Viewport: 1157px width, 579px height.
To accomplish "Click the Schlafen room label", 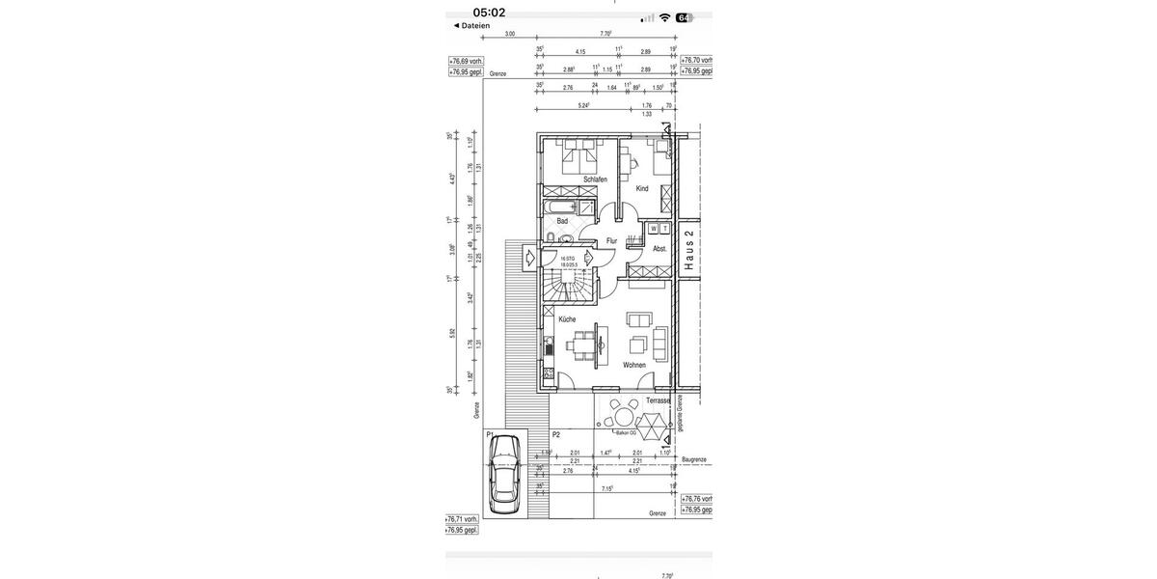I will pos(595,179).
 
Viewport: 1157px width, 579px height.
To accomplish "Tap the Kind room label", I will pos(642,189).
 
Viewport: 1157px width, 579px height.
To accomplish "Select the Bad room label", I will pos(562,221).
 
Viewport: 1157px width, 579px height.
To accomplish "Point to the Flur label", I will pos(611,240).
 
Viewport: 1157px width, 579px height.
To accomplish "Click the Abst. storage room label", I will pos(659,248).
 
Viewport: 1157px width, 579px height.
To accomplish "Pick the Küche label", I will pos(567,318).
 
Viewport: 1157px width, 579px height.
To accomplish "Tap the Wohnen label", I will pos(633,365).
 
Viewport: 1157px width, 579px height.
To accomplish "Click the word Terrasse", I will pos(659,400).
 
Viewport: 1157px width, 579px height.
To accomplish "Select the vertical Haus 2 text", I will pos(688,252).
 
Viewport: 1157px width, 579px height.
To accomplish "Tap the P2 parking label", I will pos(556,435).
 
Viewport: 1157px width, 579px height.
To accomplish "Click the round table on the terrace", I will pos(622,417).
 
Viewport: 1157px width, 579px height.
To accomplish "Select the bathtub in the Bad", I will pos(562,207).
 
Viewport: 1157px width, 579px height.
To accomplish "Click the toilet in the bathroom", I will pos(550,238).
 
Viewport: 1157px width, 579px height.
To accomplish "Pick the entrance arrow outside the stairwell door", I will pos(529,257).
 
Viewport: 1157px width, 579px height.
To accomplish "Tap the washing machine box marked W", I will pos(654,229).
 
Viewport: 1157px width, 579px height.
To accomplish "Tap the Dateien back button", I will pos(472,26).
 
